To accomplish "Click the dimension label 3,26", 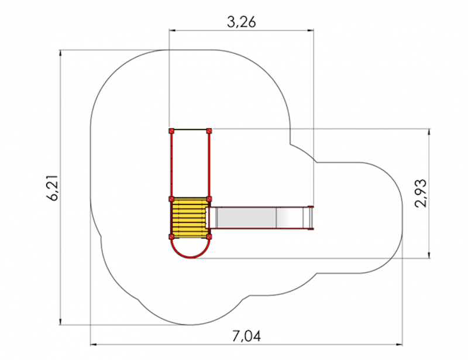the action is tap(241, 22).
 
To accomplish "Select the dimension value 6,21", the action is tap(55, 187).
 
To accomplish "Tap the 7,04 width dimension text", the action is tap(246, 336).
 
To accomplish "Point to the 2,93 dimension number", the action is tap(421, 193).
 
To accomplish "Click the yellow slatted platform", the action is tap(190, 218).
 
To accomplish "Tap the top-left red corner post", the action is tap(171, 131).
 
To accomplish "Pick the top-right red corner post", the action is tap(209, 131).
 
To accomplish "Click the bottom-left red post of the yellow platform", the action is tap(171, 237).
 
